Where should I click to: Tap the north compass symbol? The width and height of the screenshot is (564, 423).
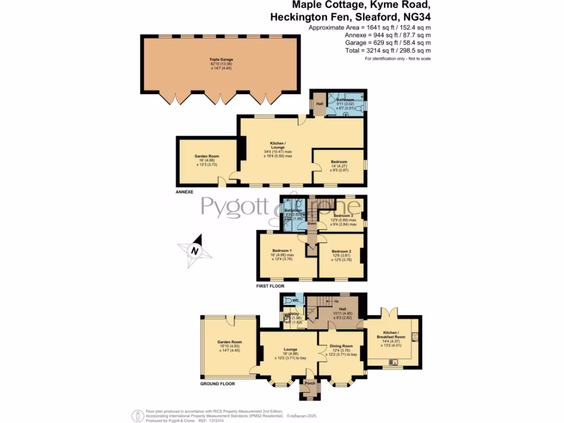pyautogui.click(x=194, y=251)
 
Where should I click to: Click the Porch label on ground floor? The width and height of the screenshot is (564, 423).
pyautogui.click(x=310, y=383)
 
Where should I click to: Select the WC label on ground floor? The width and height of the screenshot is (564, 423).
pyautogui.click(x=295, y=301)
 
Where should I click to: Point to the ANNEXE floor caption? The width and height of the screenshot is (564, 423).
pyautogui.click(x=185, y=192)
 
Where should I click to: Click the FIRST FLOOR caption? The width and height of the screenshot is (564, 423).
pyautogui.click(x=270, y=286)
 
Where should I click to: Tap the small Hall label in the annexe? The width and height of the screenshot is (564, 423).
pyautogui.click(x=319, y=104)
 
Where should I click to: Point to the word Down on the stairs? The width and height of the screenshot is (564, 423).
pyautogui.click(x=312, y=224)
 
